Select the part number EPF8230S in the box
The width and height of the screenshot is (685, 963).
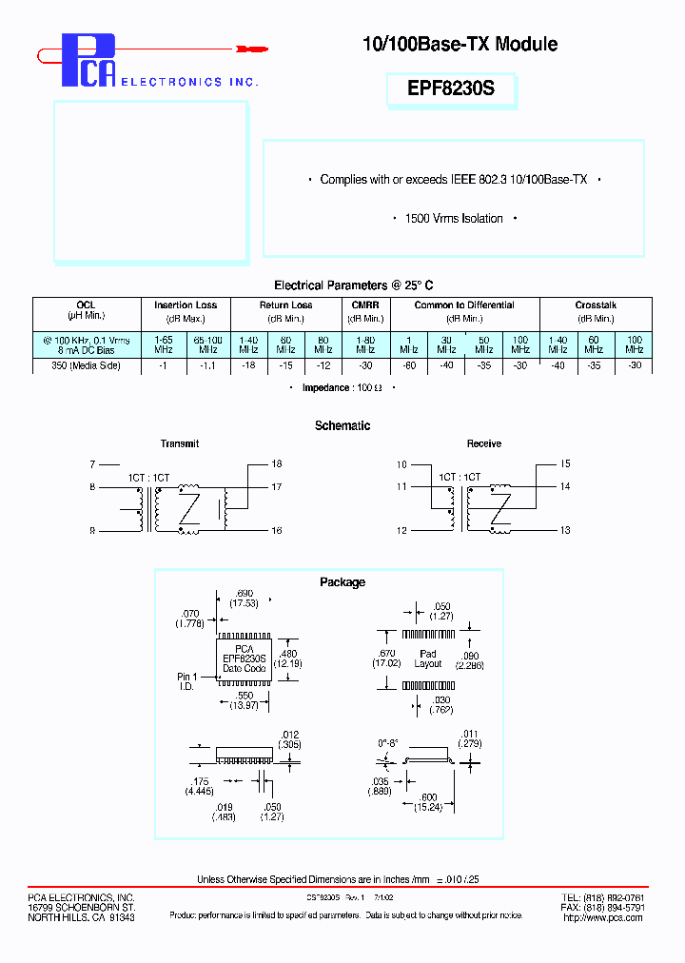[452, 89]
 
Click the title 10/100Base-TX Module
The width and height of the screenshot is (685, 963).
[460, 44]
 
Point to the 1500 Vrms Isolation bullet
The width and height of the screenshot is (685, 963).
[454, 219]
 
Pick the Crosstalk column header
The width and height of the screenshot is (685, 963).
[596, 305]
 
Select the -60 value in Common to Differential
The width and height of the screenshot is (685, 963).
[407, 366]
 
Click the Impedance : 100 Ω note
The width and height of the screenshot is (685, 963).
[342, 388]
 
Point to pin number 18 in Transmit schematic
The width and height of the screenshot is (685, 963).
[276, 464]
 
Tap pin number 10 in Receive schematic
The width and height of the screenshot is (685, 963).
[401, 464]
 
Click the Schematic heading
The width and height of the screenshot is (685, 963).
[342, 426]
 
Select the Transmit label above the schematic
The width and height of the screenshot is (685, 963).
[180, 444]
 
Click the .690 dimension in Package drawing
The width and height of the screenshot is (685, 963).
[244, 592]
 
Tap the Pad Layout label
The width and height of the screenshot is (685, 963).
[428, 658]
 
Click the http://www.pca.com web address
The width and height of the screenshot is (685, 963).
[604, 917]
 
